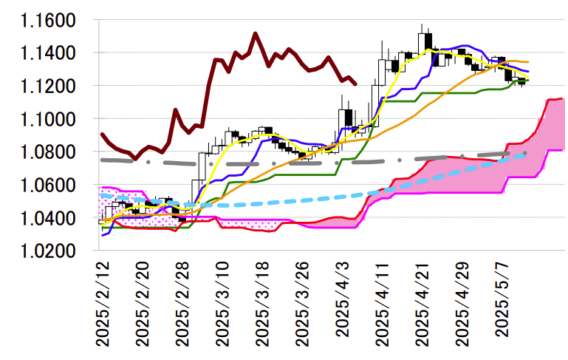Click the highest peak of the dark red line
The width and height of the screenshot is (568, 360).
click(x=255, y=33)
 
